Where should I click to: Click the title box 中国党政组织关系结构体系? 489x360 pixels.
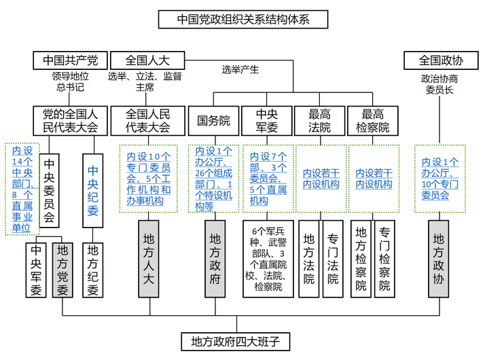(242, 18)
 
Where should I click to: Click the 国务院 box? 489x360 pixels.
(214, 121)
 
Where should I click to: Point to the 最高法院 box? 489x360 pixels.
(320, 121)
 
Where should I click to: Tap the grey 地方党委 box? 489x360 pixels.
(62, 269)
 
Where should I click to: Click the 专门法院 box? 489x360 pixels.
(333, 258)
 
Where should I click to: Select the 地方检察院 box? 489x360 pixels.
(361, 258)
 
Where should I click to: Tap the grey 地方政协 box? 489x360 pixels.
(438, 258)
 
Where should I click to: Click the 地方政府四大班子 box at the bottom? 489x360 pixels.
(236, 340)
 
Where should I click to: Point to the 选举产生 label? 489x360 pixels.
(240, 69)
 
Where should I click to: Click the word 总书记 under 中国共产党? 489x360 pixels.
(70, 87)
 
